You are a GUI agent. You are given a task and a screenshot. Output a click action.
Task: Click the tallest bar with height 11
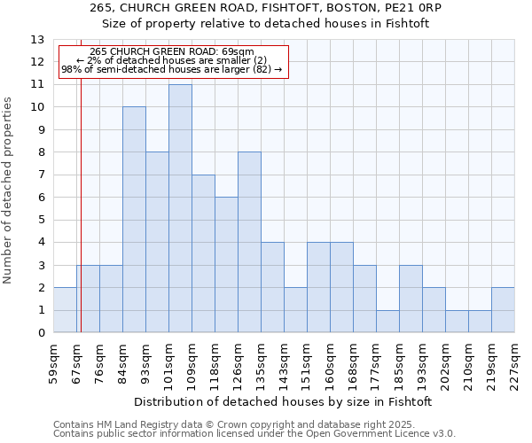tap(180, 208)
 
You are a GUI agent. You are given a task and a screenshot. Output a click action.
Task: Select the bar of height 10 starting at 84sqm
tap(134, 220)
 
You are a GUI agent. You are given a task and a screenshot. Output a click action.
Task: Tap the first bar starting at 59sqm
tap(65, 310)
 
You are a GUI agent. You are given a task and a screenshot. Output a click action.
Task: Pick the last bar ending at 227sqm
tap(503, 310)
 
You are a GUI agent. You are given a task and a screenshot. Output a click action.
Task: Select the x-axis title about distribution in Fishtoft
tap(284, 401)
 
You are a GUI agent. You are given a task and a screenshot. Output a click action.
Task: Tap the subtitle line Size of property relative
tap(265, 24)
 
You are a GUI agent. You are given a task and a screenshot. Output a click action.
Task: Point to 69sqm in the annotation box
tap(243, 51)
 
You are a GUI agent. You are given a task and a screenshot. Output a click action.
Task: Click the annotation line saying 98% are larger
tap(171, 69)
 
